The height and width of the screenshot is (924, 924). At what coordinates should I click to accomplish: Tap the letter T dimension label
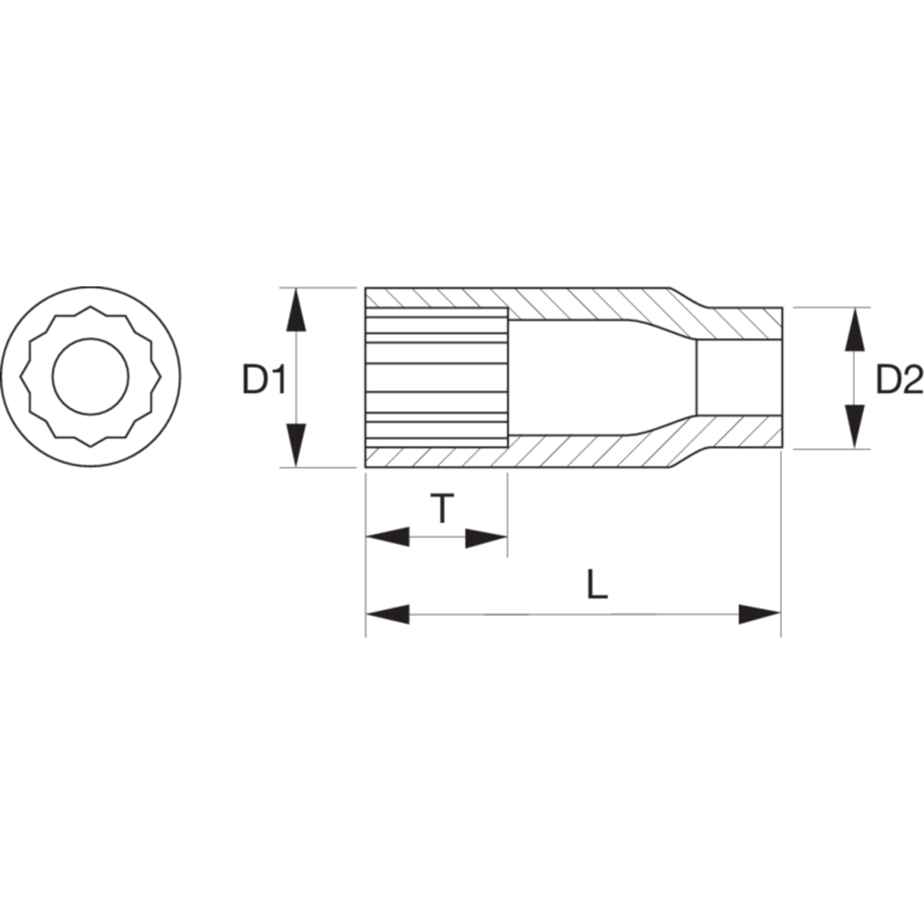442,508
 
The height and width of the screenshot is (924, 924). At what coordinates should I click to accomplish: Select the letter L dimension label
598,584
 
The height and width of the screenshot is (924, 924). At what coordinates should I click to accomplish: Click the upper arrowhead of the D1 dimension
296,310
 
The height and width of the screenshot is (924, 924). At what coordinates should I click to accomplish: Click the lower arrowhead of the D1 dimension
296,445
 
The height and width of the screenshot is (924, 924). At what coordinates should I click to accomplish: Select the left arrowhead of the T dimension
388,538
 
